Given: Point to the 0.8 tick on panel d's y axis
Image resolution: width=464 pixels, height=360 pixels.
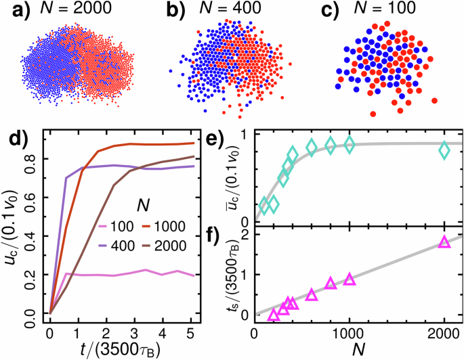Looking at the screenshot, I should tap(35, 159).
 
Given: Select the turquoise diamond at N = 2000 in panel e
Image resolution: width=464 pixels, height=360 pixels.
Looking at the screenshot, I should tap(444, 150).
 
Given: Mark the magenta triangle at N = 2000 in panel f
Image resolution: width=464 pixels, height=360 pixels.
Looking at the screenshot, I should tap(444, 242).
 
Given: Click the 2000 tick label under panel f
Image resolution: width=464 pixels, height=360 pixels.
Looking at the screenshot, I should tap(444, 333).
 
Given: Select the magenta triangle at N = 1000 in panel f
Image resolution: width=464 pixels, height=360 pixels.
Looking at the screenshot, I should tap(350, 279).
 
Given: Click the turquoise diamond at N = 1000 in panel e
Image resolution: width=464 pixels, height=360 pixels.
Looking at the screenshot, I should tap(350, 144).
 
